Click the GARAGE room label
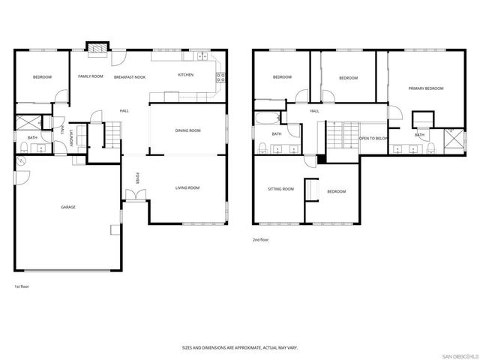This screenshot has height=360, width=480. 68,207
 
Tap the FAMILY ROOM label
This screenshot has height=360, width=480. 91,76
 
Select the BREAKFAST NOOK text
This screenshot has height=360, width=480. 129,76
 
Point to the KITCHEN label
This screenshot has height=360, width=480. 185,75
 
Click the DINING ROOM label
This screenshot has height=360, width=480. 187,131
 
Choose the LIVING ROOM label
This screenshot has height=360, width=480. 187,187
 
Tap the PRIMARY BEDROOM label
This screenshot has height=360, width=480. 425,88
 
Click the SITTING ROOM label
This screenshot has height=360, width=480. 280,189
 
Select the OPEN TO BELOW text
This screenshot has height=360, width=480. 373,139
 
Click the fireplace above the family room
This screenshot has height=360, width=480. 97,49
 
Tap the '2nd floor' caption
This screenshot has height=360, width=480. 260,240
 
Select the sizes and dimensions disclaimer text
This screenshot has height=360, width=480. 239,347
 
